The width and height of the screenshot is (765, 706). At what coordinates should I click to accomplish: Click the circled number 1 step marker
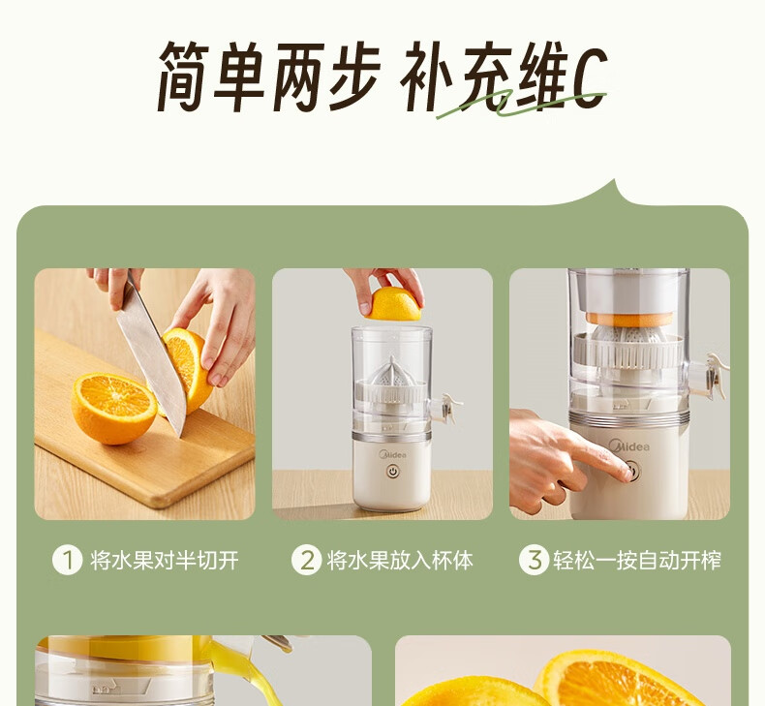coord(68,560)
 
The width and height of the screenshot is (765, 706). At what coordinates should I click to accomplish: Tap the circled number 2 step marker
coord(306,560)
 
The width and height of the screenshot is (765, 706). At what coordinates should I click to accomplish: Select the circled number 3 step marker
coord(535,560)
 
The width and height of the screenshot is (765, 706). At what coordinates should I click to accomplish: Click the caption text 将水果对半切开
coord(165,560)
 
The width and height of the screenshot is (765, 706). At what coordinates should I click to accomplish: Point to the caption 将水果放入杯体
coord(400,560)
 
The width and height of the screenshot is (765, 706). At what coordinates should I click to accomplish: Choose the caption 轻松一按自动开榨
coord(637,560)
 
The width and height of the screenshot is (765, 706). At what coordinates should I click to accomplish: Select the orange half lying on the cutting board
coord(113,409)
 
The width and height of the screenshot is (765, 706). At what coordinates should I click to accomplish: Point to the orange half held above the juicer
coord(394,304)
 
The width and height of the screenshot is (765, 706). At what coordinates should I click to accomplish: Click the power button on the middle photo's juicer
coord(393,472)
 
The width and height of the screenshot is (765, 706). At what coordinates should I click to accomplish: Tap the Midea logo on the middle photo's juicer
coord(393,455)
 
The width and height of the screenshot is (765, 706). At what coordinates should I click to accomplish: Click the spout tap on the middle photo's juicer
coord(448,408)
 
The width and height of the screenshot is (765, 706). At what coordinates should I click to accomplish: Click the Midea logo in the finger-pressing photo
coord(628,446)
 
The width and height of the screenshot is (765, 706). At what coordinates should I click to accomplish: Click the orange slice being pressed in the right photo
coord(628,320)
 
